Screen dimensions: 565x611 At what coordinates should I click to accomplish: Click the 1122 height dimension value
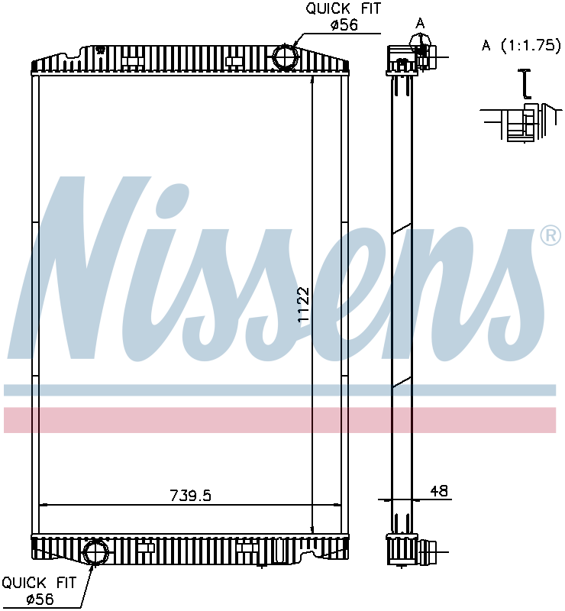pos(303,305)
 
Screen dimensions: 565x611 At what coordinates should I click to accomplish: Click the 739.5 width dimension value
pos(190,496)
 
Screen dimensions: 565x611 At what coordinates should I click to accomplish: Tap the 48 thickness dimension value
pos(439,491)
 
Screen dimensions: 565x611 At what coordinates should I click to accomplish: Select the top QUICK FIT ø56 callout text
pos(344,17)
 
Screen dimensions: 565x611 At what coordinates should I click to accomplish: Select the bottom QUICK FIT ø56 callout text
pos(39,590)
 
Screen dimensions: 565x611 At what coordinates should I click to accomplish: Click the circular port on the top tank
pos(286,57)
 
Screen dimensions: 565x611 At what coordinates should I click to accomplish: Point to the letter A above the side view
pos(420,24)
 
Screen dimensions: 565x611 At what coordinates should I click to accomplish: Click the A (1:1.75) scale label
pos(521,46)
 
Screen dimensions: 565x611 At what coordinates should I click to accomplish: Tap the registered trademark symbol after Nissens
pos(550,236)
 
